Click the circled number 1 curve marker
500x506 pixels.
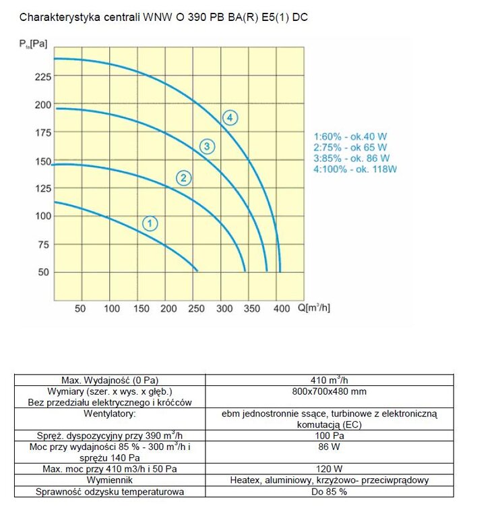point(150,223)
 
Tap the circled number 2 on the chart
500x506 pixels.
point(183,178)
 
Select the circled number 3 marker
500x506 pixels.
point(208,146)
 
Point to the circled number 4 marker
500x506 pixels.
point(230,118)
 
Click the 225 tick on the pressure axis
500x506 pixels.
point(42,76)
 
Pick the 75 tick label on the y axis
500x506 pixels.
point(42,244)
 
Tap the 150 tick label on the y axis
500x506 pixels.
point(42,161)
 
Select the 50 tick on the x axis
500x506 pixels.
point(80,308)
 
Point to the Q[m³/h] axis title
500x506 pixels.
point(313,308)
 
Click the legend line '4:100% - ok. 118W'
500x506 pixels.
point(355,169)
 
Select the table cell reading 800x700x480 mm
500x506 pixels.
point(329,391)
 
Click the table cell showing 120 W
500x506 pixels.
point(329,469)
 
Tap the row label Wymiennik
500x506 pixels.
point(109,480)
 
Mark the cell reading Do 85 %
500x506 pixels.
point(329,492)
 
